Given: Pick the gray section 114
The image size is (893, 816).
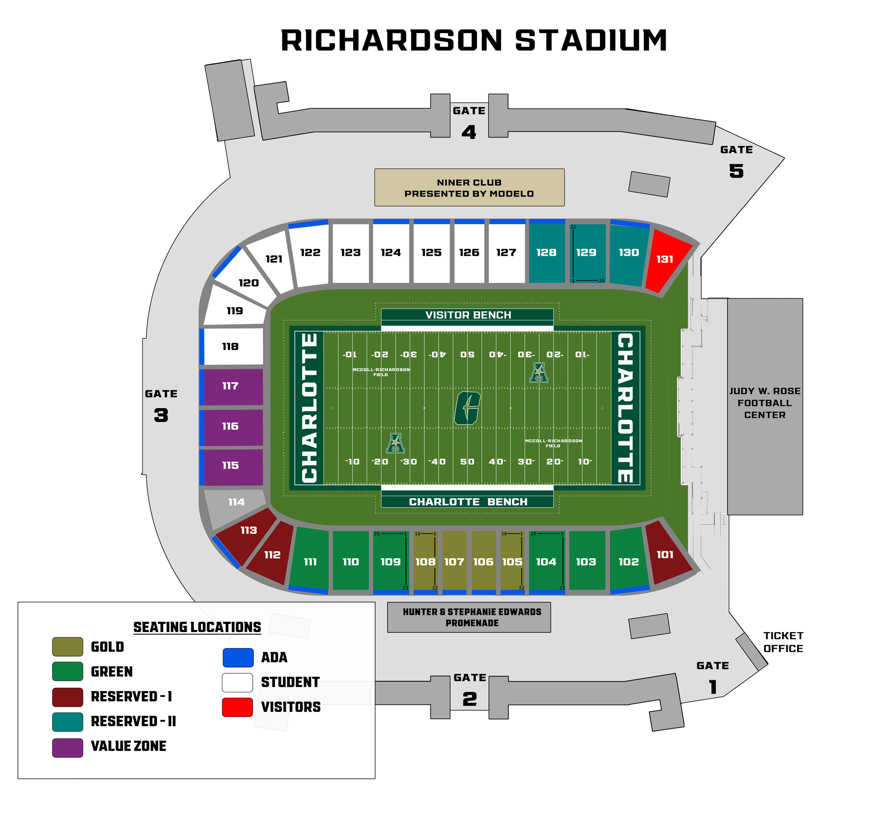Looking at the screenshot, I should (236, 503).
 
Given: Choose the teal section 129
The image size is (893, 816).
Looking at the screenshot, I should (586, 253).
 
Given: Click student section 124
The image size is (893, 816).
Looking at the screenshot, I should (391, 253).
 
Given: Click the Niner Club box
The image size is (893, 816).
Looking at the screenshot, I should (469, 187).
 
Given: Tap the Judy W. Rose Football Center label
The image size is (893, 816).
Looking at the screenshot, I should (764, 403).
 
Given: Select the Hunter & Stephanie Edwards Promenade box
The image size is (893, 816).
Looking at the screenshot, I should (469, 617).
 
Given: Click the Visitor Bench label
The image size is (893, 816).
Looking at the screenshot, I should (467, 315).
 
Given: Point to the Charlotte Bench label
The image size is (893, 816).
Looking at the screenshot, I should (467, 502).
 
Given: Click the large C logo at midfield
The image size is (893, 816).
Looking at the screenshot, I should (467, 408).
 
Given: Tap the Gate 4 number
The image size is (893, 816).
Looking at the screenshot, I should (469, 132).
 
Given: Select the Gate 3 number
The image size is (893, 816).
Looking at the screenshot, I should (161, 415).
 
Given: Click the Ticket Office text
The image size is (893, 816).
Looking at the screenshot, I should (783, 642).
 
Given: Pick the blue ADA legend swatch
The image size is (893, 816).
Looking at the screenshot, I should (238, 658).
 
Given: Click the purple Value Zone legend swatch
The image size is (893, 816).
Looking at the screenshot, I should (67, 748).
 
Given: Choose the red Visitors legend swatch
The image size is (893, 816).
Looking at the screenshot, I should (238, 707).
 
